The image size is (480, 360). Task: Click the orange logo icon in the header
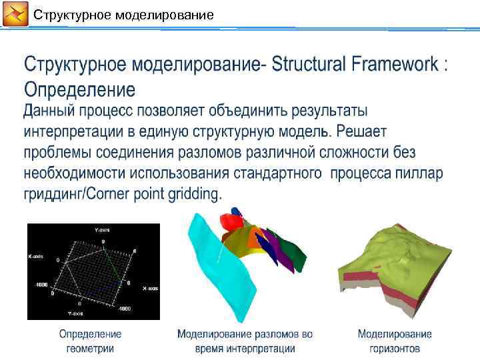point(15,14)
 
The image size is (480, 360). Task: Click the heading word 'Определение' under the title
point(79,89)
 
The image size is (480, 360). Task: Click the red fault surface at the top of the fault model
point(231,222)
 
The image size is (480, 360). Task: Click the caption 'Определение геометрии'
point(91,341)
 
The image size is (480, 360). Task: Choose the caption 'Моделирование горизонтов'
point(395,341)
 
